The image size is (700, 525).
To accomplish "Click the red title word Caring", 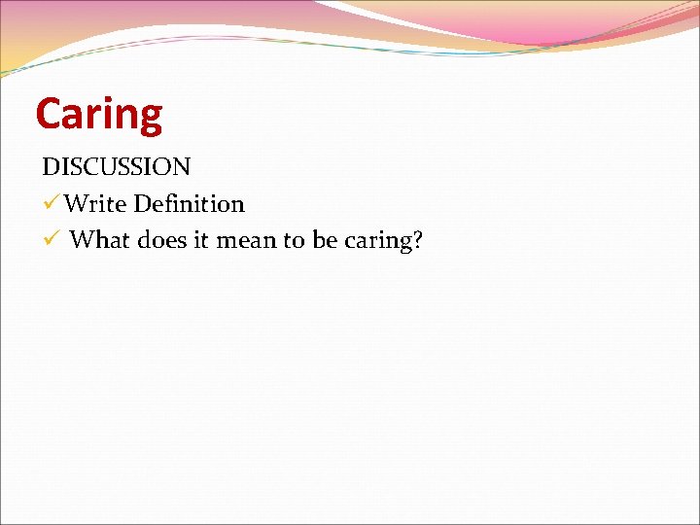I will tap(99, 114).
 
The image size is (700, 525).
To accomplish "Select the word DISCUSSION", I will tap(116, 166).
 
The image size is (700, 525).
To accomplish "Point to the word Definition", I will tap(190, 204).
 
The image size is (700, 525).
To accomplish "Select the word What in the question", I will tap(98, 240).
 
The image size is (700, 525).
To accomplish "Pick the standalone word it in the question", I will tap(202, 240).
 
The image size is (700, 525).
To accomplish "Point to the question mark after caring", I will tap(417, 240).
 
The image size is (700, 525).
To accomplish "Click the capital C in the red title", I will tap(48, 114).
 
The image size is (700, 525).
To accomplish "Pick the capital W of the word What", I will tap(82, 240).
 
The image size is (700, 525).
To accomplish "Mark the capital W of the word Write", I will tap(77, 204).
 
